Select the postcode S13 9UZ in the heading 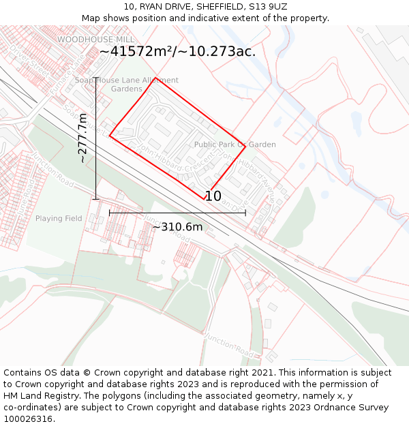pos(268,6)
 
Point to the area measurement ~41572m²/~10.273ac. pos(177,51)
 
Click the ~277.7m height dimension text pos(82,138)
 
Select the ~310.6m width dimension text pos(177,226)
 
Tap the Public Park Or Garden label pos(234,144)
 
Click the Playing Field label pos(59,219)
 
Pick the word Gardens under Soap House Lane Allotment pos(127,89)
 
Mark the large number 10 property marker pos(213,196)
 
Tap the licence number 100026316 pos(29,419)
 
